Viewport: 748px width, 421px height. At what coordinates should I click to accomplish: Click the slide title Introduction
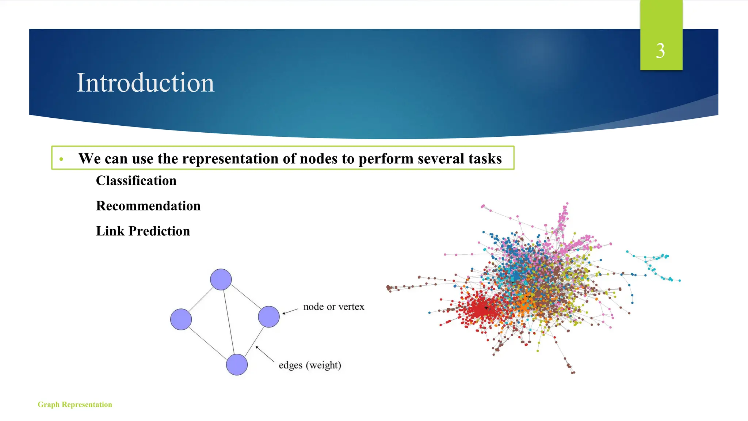click(x=145, y=83)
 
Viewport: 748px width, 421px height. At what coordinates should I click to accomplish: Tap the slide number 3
click(x=660, y=50)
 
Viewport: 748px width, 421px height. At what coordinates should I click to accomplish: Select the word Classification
click(x=136, y=181)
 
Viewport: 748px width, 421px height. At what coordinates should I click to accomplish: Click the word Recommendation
click(x=148, y=206)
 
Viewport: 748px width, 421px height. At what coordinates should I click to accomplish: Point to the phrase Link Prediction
click(x=143, y=231)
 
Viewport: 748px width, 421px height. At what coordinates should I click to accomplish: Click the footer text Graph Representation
click(x=75, y=405)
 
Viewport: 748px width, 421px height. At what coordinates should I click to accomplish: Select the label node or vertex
click(x=333, y=307)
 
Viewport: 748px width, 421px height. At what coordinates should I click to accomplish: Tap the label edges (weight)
click(x=310, y=365)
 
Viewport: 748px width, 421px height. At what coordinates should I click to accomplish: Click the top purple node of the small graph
click(x=221, y=280)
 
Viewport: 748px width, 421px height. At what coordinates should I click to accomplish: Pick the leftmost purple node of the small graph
click(x=181, y=319)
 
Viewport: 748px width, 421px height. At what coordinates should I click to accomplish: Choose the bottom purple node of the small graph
click(x=237, y=365)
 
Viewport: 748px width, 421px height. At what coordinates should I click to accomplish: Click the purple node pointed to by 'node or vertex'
click(x=269, y=317)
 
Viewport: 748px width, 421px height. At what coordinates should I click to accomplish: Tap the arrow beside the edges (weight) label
click(x=264, y=354)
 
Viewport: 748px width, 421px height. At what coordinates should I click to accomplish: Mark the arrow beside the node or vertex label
click(x=290, y=311)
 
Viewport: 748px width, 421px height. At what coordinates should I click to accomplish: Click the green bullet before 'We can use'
click(x=61, y=159)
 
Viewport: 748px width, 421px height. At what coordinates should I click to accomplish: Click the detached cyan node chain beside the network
click(x=654, y=265)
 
